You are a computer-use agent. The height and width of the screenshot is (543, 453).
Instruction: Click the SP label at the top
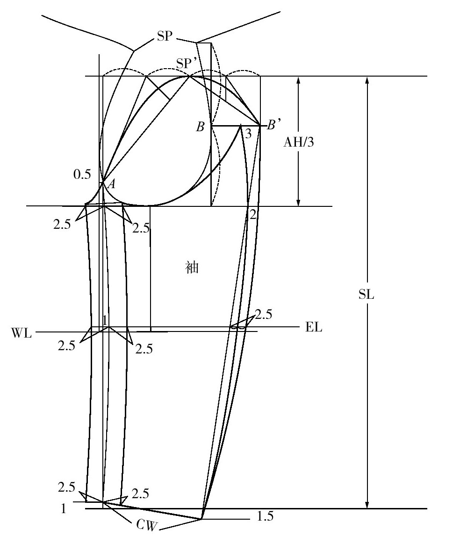[x=165, y=35]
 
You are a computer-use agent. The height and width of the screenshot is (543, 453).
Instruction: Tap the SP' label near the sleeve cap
[x=186, y=63]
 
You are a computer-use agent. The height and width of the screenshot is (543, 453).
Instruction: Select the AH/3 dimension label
[x=299, y=141]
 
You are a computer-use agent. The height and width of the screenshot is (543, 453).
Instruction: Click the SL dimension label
[x=367, y=294]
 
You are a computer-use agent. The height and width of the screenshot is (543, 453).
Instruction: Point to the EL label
[x=314, y=327]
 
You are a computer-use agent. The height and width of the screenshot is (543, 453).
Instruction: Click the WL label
[x=21, y=333]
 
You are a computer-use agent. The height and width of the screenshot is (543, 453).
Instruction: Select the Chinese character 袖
[x=192, y=268]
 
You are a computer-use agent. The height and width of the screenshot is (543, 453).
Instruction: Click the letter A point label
[x=111, y=184]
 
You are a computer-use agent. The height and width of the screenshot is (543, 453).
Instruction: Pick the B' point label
[x=273, y=124]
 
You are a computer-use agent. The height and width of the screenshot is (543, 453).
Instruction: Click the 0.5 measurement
[x=82, y=175]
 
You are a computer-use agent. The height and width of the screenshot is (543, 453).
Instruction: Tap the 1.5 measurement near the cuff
[x=266, y=516]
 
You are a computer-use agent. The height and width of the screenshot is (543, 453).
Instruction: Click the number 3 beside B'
[x=248, y=134]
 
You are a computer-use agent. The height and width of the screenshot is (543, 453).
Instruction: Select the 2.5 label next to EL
[x=264, y=314]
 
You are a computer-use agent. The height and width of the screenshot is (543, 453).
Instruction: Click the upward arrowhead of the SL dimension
[x=367, y=80]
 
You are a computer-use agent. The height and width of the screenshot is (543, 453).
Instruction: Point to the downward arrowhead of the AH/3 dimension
[x=298, y=202]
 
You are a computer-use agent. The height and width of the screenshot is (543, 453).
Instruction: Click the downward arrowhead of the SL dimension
[x=367, y=504]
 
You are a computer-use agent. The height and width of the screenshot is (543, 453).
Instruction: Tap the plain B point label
[x=201, y=127]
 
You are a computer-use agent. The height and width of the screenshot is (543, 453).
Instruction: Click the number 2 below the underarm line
[x=253, y=215]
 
